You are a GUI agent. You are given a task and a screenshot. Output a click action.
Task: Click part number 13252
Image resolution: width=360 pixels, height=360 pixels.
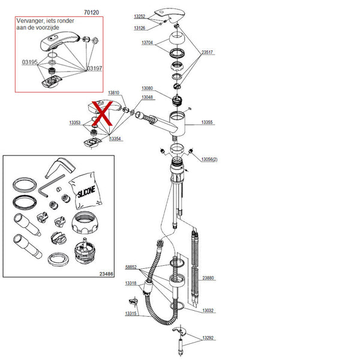coord(139,17)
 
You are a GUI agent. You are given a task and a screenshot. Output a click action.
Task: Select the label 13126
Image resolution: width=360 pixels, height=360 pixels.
coord(139,28)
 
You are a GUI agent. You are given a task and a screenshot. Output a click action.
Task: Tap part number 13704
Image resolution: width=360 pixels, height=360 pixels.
coord(148,43)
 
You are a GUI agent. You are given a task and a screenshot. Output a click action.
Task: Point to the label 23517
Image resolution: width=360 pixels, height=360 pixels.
coord(208,52)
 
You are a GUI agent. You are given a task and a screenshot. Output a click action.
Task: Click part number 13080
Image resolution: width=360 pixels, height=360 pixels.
coord(148,88)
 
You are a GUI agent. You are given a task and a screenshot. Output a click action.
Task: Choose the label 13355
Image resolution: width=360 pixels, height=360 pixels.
coord(208,122)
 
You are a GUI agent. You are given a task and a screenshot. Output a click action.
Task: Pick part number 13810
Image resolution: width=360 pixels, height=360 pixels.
coord(113,92)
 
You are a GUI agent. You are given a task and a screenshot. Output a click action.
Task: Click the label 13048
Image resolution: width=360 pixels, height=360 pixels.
coord(147,97)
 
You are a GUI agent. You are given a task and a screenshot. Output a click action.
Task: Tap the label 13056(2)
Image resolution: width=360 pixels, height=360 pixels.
coord(208,159)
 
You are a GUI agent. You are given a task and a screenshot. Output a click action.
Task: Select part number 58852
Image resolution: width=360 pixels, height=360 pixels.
coord(131,267)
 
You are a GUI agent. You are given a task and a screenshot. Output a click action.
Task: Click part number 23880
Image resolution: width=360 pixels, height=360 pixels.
coord(208,277)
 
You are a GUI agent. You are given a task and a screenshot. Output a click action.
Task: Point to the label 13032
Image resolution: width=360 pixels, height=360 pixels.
coord(208,311)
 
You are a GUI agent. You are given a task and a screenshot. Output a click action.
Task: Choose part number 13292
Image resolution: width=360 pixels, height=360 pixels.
coord(208,338)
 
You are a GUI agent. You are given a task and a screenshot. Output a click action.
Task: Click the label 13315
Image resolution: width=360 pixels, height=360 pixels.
coord(131,313)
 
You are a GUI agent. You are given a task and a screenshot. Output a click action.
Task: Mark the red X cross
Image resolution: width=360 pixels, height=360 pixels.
coord(103,113)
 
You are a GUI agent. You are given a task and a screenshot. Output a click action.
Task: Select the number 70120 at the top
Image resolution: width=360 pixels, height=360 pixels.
coord(92,11)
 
